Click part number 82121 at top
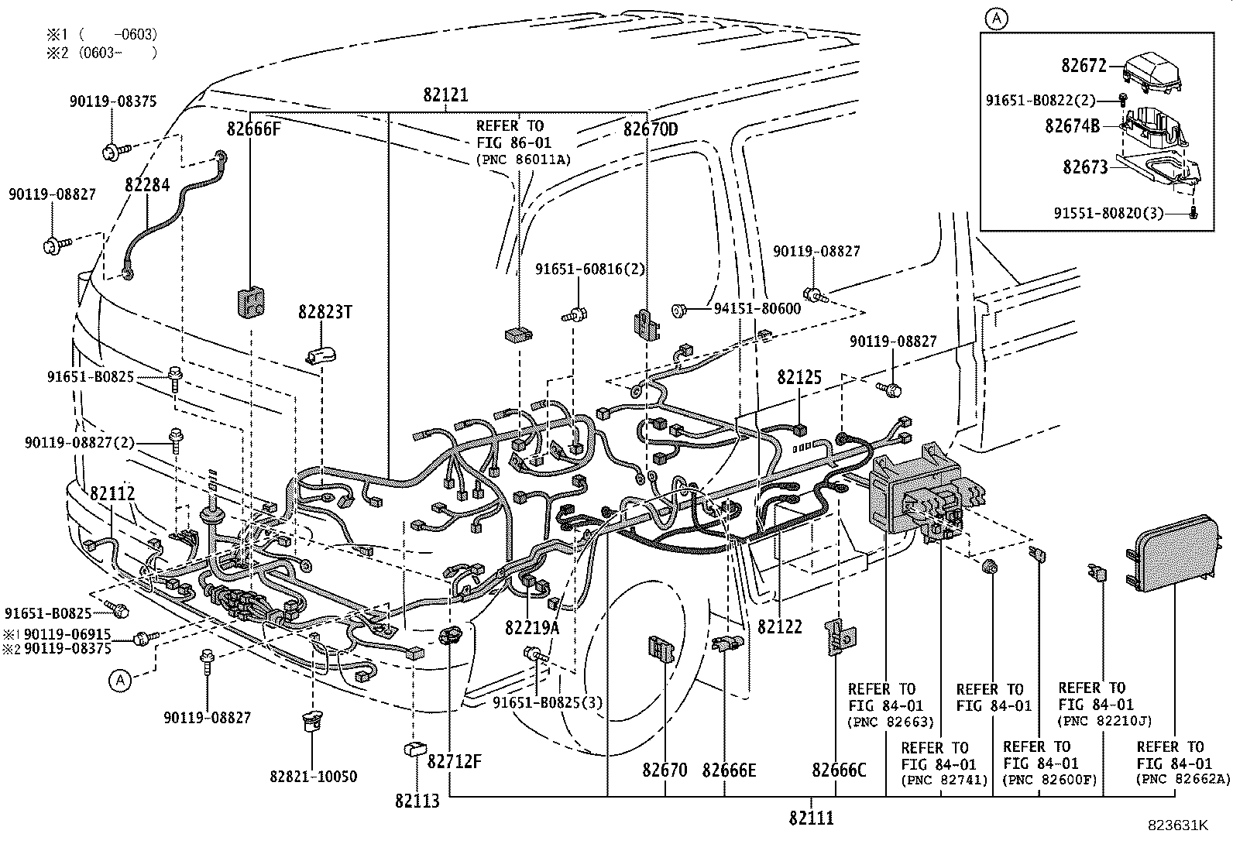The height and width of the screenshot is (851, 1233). [x=445, y=95]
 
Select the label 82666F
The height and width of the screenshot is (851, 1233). [x=253, y=129]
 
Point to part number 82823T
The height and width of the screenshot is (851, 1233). [x=325, y=311]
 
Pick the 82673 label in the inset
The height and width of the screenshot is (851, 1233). [x=1084, y=166]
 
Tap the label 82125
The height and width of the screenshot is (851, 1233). [x=799, y=377]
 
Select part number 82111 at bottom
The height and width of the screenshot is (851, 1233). [x=812, y=817]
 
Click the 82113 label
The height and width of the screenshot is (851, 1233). [x=417, y=801]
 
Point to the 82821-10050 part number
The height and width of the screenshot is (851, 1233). [x=314, y=776]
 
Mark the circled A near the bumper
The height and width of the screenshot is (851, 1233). [x=118, y=680]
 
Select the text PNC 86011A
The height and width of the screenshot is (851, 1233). [x=522, y=160]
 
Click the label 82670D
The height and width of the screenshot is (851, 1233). [x=651, y=129]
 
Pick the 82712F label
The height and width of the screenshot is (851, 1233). [x=455, y=762]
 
